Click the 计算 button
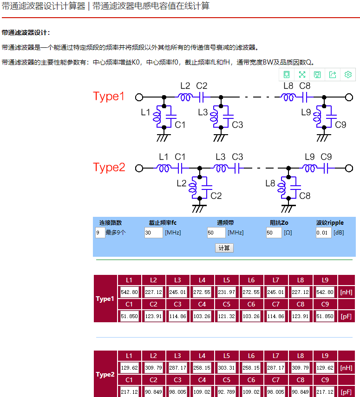click(224, 248)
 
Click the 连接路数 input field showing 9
click(100, 233)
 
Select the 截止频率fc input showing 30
click(153, 233)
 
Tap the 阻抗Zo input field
click(274, 233)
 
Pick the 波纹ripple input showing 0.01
click(323, 233)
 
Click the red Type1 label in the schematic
click(109, 97)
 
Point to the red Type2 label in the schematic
click(109, 167)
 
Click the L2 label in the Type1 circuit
click(185, 86)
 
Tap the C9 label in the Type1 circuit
click(340, 124)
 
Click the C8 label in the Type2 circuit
click(305, 195)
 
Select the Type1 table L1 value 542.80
click(129, 293)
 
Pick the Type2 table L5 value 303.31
click(226, 368)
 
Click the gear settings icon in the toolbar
click(348, 74)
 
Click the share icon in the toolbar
click(333, 74)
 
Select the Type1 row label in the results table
click(105, 299)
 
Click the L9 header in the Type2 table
click(325, 356)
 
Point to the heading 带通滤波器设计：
click(26, 33)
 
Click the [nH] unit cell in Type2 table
click(346, 368)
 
